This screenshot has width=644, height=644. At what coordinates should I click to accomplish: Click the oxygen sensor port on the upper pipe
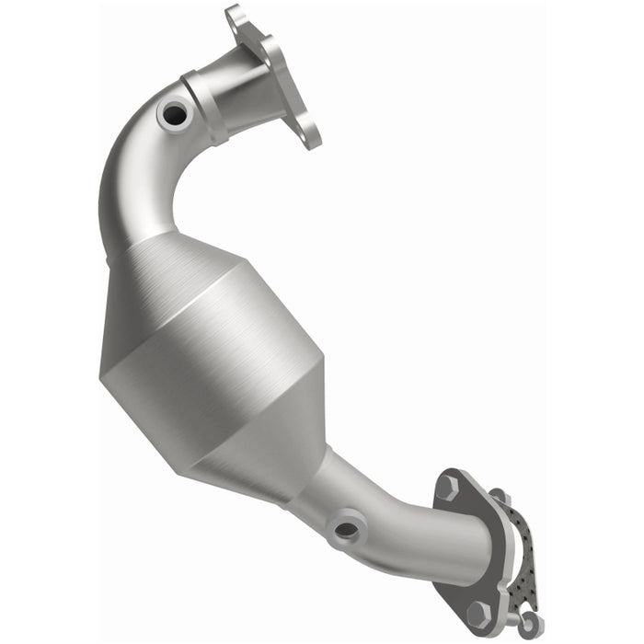(172, 113)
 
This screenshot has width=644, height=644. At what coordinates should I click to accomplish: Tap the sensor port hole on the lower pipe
(346, 528)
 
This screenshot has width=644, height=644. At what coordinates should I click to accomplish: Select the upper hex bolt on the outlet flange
(447, 487)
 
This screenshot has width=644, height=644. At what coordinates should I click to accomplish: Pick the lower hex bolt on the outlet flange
(477, 611)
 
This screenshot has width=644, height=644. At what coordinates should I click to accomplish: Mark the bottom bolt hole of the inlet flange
(310, 138)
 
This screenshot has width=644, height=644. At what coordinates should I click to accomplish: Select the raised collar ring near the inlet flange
(203, 106)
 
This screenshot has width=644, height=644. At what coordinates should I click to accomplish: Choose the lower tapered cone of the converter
(276, 451)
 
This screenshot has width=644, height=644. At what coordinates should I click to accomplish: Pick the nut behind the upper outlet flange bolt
(498, 498)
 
